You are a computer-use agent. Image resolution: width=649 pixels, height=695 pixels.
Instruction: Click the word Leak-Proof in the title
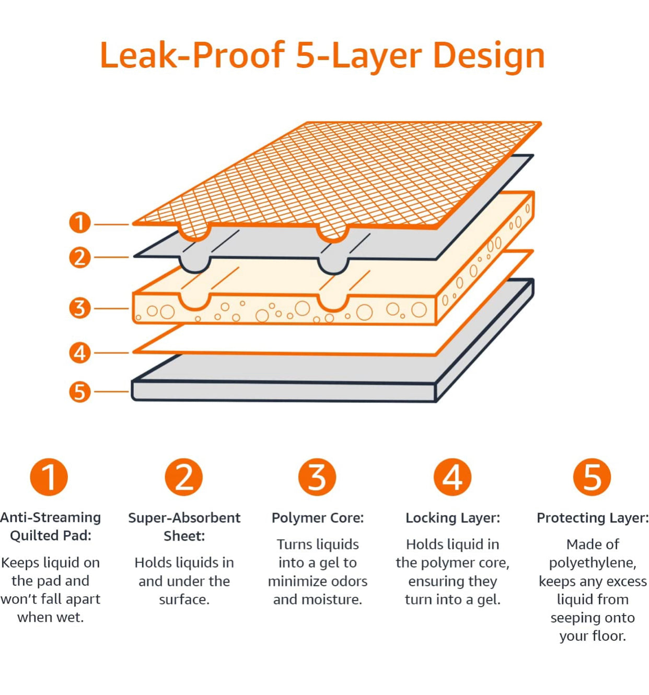pyautogui.click(x=192, y=55)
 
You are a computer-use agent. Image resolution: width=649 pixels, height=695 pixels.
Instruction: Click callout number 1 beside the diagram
pyautogui.click(x=80, y=223)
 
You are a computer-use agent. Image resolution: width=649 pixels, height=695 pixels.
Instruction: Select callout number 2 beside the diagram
pyautogui.click(x=80, y=257)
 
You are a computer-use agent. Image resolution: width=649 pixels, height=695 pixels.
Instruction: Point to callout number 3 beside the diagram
pyautogui.click(x=80, y=308)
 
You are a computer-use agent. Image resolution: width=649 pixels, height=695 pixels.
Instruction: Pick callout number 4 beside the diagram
pyautogui.click(x=80, y=353)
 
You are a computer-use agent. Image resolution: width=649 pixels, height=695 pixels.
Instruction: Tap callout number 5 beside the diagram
pyautogui.click(x=80, y=391)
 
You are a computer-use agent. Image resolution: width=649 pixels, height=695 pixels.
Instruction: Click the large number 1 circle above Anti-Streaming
pyautogui.click(x=49, y=477)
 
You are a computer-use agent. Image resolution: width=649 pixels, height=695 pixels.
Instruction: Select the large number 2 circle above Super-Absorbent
pyautogui.click(x=183, y=477)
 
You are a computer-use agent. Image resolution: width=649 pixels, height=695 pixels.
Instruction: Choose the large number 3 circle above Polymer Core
pyautogui.click(x=317, y=477)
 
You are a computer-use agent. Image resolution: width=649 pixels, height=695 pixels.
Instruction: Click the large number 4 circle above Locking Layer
pyautogui.click(x=453, y=477)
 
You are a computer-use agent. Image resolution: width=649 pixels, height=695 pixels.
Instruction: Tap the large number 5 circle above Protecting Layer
pyautogui.click(x=592, y=477)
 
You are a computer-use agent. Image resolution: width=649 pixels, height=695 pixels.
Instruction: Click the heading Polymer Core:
pyautogui.click(x=318, y=518)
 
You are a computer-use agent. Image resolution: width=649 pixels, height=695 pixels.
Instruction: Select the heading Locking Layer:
pyautogui.click(x=453, y=518)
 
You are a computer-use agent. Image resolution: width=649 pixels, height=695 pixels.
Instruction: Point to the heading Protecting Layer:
pyautogui.click(x=593, y=518)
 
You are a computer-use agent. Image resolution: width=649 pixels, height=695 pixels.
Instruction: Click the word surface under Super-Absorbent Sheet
pyautogui.click(x=184, y=599)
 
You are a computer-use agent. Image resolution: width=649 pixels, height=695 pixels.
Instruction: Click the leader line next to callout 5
pyautogui.click(x=111, y=391)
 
